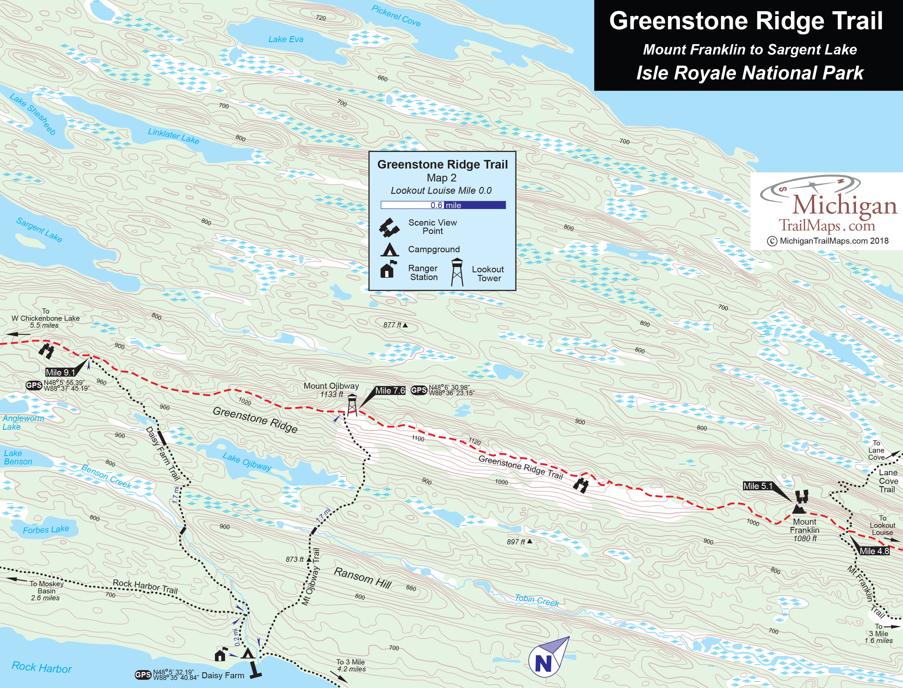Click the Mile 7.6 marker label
tap(390, 391)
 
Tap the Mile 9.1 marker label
tap(60, 372)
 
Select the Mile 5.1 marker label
tap(758, 486)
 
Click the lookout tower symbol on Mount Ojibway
tap(352, 405)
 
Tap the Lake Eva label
tap(286, 39)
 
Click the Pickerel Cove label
tap(396, 15)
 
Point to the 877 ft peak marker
tap(405, 325)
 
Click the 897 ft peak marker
tap(529, 542)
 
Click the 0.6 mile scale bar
tap(443, 205)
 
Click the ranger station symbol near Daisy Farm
tap(220, 655)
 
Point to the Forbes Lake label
tap(46, 529)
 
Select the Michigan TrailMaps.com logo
tap(827, 209)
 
